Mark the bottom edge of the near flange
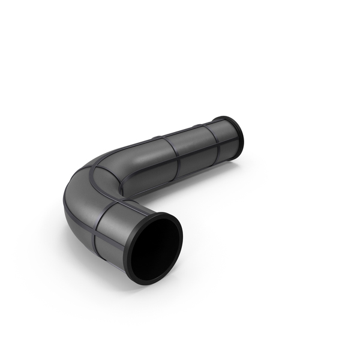click(150, 281)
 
